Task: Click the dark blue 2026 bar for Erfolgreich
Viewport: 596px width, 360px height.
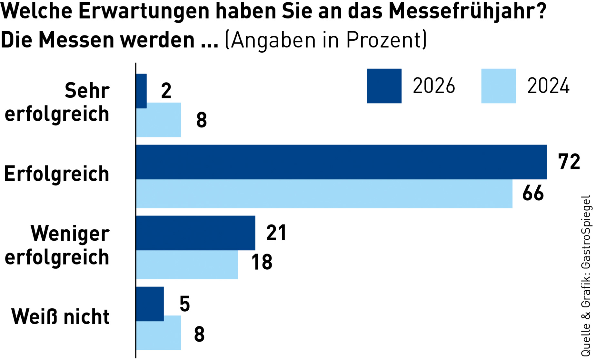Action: click(341, 162)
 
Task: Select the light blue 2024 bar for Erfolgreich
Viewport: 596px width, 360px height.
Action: click(324, 194)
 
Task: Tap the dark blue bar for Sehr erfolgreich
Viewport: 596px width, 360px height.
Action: click(141, 91)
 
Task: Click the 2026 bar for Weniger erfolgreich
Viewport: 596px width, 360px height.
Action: click(195, 233)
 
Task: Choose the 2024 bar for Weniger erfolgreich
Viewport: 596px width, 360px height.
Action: click(187, 265)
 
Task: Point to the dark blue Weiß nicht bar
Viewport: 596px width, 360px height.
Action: click(150, 304)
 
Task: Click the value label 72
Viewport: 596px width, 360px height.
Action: click(569, 162)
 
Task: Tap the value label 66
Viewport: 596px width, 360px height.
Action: click(533, 194)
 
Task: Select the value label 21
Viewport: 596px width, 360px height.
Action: click(276, 233)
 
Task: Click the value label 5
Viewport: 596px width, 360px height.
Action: click(185, 304)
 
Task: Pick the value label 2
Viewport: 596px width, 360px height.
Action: click(166, 91)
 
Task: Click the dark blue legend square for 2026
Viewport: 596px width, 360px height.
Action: click(384, 86)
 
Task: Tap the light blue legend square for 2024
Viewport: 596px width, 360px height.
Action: click(498, 86)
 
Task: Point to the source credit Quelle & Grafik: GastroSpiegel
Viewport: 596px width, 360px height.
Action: click(586, 276)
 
